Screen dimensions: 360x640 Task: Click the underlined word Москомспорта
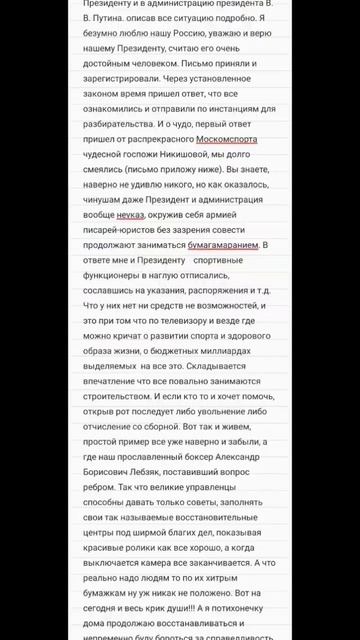(227, 139)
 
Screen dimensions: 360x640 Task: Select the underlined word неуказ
(130, 214)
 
